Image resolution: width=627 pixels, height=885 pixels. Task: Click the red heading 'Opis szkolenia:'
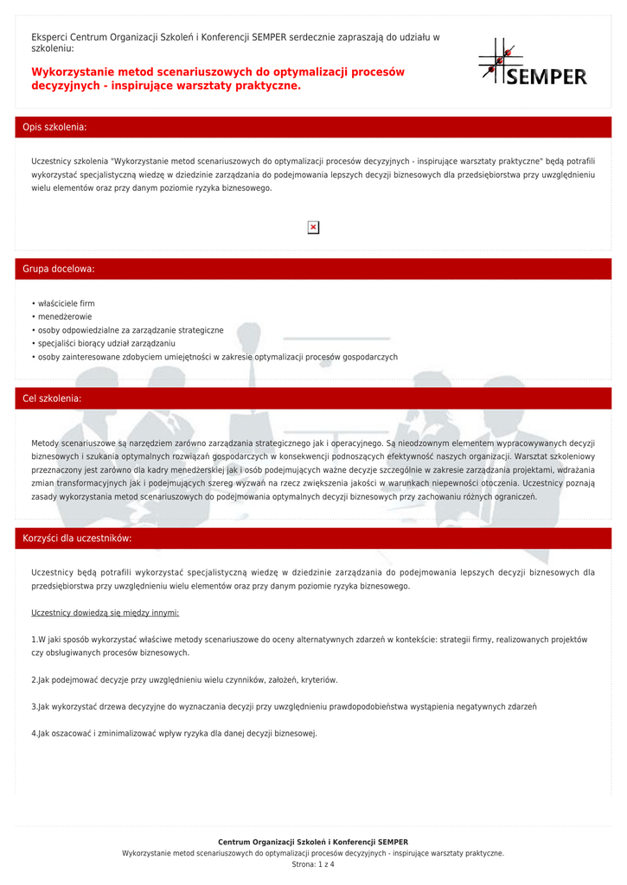(54, 127)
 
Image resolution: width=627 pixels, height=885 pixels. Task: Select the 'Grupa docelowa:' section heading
(58, 269)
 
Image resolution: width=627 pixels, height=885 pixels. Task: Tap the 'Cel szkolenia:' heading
(52, 398)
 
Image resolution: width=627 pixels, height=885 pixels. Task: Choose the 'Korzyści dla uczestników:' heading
(77, 538)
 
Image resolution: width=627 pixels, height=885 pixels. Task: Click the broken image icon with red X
(313, 227)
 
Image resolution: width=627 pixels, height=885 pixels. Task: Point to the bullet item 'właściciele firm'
(66, 303)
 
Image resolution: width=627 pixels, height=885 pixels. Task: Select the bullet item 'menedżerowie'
(64, 316)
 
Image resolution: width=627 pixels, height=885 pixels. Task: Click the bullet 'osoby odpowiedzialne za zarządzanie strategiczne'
(130, 330)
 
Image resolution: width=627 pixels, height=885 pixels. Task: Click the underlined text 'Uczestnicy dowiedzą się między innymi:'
(105, 613)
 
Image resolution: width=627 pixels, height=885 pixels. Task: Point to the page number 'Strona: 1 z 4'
(313, 864)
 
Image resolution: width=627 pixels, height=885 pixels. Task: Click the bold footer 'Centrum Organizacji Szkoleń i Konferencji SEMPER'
(313, 842)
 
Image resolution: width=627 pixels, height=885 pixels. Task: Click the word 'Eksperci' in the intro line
(49, 37)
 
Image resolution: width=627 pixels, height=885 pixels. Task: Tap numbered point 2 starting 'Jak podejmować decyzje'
(184, 680)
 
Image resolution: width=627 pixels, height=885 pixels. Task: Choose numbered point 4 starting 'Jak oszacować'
(174, 734)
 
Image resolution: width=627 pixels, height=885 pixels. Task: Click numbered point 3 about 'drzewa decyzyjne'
(284, 707)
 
